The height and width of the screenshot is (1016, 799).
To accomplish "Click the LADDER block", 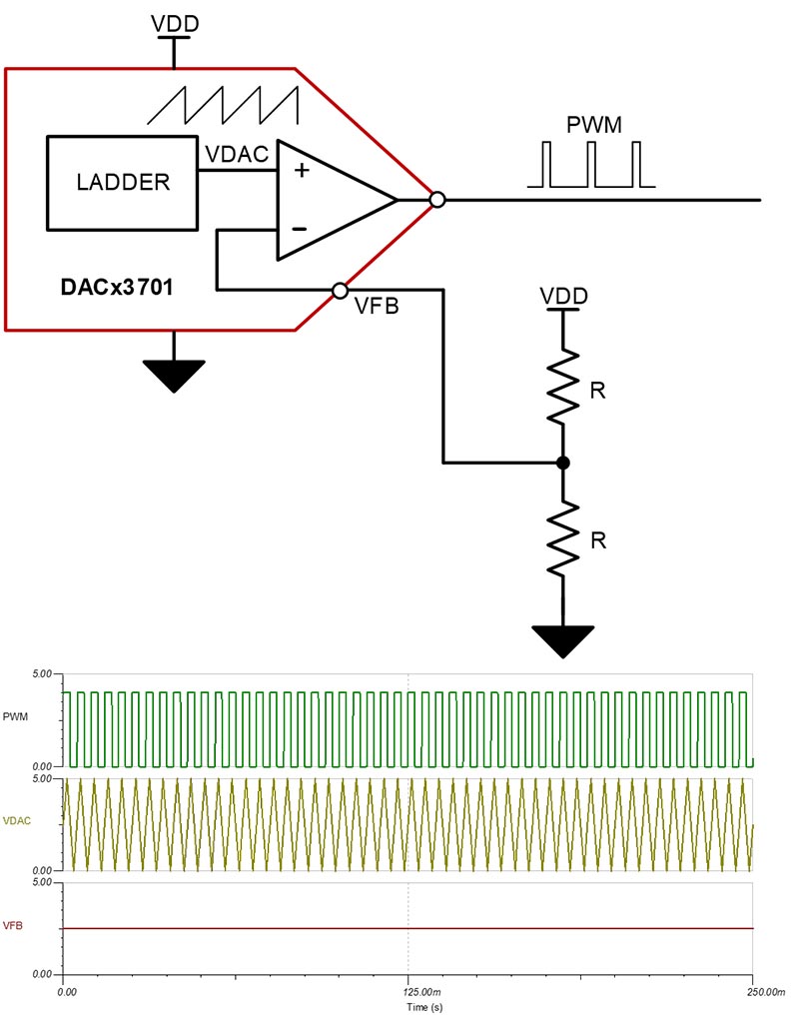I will [x=123, y=183].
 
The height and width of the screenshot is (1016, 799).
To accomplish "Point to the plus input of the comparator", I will [x=301, y=170].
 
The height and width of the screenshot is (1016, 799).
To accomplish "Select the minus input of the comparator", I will [x=300, y=230].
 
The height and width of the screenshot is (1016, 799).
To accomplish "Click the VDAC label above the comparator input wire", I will [x=236, y=155].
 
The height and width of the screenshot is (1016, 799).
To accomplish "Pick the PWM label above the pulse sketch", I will [x=593, y=126].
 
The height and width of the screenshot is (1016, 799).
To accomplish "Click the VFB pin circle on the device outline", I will [x=340, y=291].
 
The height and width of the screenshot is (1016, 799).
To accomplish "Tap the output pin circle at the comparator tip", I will [x=436, y=200].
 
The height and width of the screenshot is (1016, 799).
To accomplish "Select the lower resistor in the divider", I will [x=563, y=537].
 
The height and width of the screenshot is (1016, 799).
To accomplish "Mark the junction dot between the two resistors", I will [x=563, y=463].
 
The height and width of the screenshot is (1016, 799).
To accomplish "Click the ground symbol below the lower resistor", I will [x=563, y=640].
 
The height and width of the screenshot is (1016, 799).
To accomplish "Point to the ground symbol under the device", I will [x=174, y=374].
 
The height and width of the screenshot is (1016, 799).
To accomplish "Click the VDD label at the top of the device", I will [x=174, y=23].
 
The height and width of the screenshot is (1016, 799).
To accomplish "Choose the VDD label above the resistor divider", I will [x=563, y=296].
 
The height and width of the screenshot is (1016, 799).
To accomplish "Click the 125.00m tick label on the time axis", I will [x=407, y=992].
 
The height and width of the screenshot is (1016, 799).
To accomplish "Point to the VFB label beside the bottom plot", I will [x=15, y=926].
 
